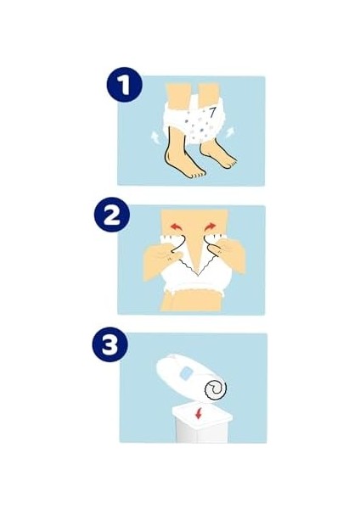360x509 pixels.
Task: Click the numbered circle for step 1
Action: point(125,85)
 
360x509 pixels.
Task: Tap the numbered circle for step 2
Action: point(112,215)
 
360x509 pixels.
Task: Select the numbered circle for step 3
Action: point(110,344)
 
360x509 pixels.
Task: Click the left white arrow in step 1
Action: point(155,137)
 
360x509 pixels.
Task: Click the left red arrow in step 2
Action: point(177,227)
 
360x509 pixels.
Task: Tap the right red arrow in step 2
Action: point(211,226)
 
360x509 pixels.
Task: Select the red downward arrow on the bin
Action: point(199,414)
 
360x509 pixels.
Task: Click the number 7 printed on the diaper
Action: point(212,112)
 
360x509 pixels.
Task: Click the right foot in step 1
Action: point(218,154)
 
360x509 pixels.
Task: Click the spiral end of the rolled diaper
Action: point(216,389)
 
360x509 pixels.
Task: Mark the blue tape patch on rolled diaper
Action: point(187,372)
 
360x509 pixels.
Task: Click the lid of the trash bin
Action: point(202,414)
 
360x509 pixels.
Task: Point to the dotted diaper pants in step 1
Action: point(195,121)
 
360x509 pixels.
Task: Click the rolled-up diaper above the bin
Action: point(192,378)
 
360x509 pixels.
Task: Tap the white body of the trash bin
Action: point(202,432)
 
